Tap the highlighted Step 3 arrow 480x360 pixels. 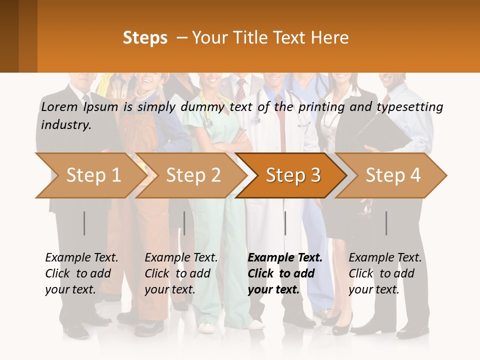pos(293,175)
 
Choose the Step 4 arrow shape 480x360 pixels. pos(393,175)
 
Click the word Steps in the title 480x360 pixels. pos(145,38)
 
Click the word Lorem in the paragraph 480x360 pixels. pos(59,106)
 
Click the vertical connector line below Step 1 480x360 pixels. pos(84,223)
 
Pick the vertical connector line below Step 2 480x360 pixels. pos(184,223)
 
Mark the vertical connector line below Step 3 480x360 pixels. pos(285,223)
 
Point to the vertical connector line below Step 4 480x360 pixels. pos(386,223)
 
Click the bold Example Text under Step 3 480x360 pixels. pos(285,258)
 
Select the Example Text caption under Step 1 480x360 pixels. pos(81,258)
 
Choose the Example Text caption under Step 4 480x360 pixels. pos(385,258)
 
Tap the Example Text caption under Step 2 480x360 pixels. pos(181,258)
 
